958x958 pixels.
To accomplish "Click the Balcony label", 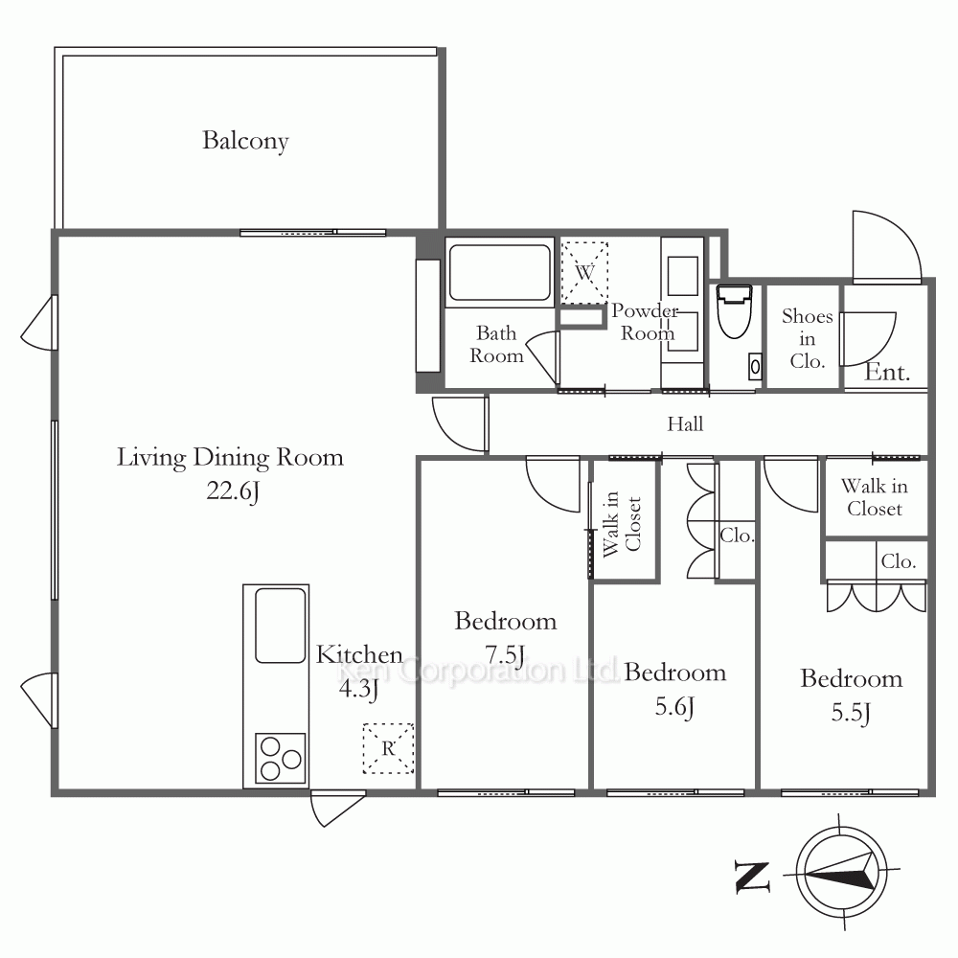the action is [245, 141].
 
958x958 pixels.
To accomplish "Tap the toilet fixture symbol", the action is [735, 311].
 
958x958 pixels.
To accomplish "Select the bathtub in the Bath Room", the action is [500, 272].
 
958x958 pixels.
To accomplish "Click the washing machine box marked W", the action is [584, 272].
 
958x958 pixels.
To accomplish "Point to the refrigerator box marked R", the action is [389, 748].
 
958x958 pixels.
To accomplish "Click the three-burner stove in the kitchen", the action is [281, 758].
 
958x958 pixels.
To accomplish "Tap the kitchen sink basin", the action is [281, 625].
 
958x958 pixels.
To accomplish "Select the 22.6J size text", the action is [233, 490].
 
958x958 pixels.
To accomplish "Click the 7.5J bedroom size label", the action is [505, 654].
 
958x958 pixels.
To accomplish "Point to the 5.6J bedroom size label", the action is [674, 706].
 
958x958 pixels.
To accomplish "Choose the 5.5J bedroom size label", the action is [851, 713].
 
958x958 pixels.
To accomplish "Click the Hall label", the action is [685, 424].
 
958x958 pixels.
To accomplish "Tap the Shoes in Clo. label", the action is [807, 338].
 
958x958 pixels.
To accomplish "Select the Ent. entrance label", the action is [887, 372].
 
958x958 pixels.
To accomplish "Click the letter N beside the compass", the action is [752, 878].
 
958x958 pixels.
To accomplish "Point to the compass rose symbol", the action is [841, 871].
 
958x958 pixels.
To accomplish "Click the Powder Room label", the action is [646, 322].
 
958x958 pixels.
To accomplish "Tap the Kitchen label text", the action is [359, 655].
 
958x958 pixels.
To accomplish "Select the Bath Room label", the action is [496, 345].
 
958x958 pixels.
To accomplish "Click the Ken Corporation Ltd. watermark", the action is [478, 671].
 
